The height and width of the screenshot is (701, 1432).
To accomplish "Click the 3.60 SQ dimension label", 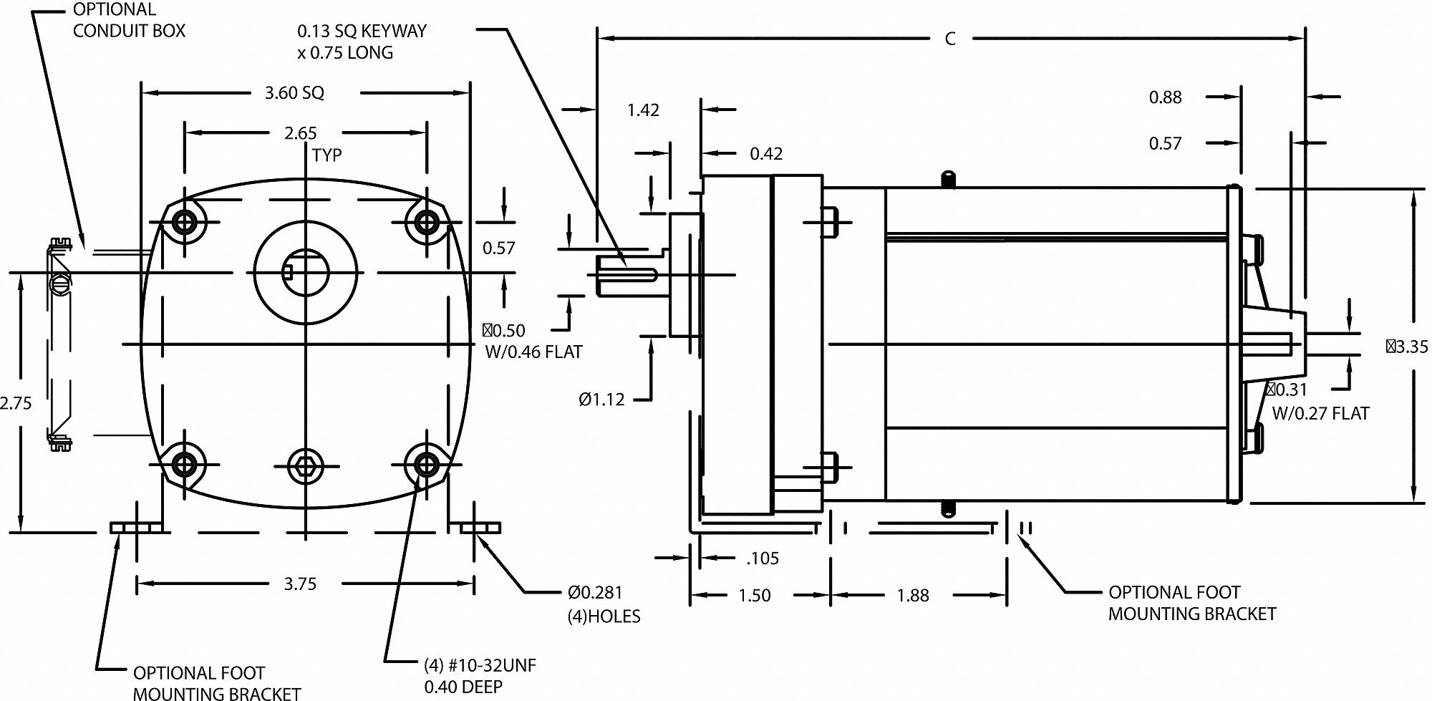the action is [x=294, y=92].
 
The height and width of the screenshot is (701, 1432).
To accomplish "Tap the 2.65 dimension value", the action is [x=300, y=133].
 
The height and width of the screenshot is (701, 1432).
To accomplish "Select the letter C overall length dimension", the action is [x=950, y=39].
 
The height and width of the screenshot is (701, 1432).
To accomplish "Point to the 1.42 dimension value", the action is [x=643, y=110].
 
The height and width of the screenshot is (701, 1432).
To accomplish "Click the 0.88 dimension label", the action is [x=1165, y=97].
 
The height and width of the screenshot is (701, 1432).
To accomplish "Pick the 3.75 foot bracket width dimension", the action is [x=300, y=584].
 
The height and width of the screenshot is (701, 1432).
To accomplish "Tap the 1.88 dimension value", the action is [x=913, y=595].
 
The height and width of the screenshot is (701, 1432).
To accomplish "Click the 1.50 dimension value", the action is [x=755, y=595].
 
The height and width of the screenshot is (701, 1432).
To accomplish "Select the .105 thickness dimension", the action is [x=762, y=558].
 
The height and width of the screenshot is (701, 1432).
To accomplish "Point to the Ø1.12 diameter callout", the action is [x=601, y=399].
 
